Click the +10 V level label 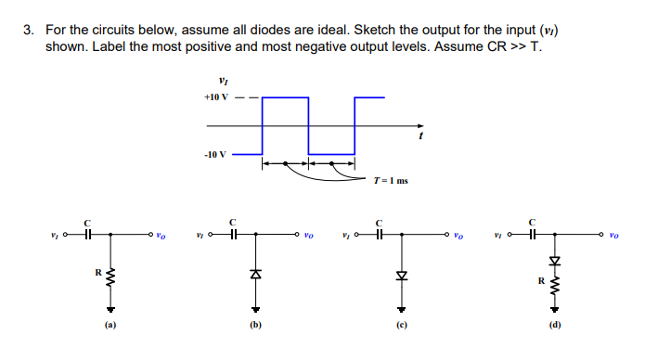215,96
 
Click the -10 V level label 214,154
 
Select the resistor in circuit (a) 110,276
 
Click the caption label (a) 110,326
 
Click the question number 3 29,30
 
